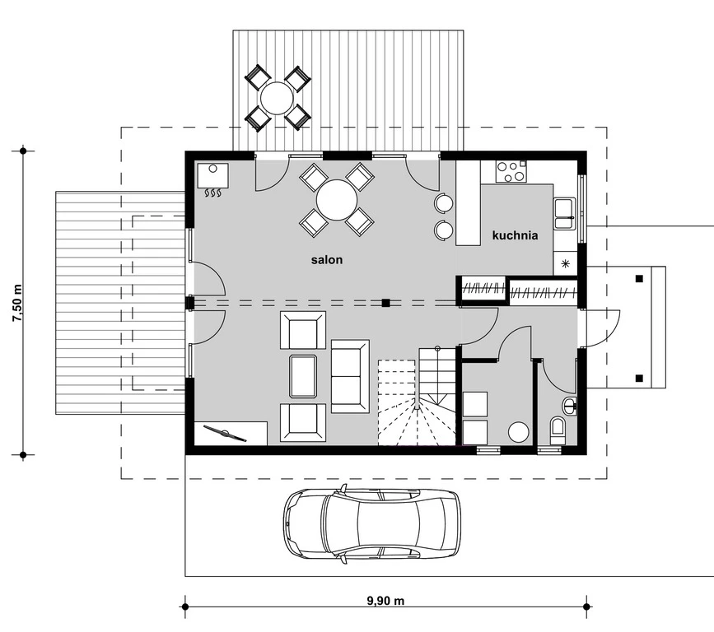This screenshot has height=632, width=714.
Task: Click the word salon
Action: coord(326,259)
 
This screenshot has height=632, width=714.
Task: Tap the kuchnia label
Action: coord(515,235)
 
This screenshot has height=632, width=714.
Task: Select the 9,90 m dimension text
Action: coord(385,601)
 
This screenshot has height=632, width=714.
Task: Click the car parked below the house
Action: coord(372,523)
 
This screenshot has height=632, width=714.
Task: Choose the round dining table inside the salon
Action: coord(337,200)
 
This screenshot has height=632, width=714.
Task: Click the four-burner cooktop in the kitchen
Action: coord(511,171)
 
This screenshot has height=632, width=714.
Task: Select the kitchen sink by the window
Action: coord(565,213)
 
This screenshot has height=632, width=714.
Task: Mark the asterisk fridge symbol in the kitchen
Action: coord(566,264)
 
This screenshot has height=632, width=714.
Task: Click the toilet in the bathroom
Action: coord(558,430)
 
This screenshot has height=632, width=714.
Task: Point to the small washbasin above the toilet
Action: coord(571,404)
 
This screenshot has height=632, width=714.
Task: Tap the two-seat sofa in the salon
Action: coord(350,375)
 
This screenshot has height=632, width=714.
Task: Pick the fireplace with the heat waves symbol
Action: coord(212,181)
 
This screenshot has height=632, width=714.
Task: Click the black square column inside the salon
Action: coord(385,303)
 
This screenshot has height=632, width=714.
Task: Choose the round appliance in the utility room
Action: coord(519,431)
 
